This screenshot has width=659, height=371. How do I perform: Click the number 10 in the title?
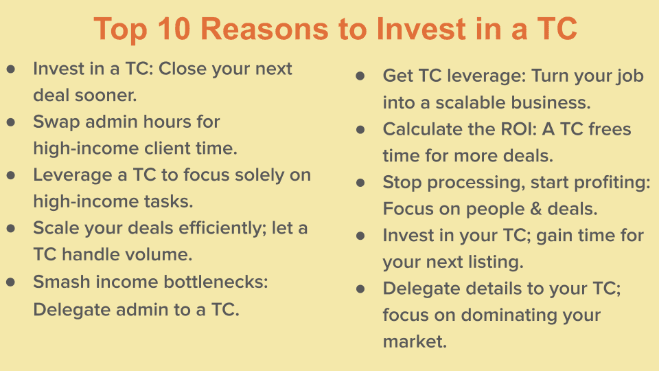coord(174,29)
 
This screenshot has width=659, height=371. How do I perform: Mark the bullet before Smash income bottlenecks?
coord(11,282)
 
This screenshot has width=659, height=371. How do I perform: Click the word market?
coord(415,341)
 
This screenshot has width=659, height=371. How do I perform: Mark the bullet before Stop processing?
coord(360,183)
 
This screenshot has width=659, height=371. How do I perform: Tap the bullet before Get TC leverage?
coord(360,76)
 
